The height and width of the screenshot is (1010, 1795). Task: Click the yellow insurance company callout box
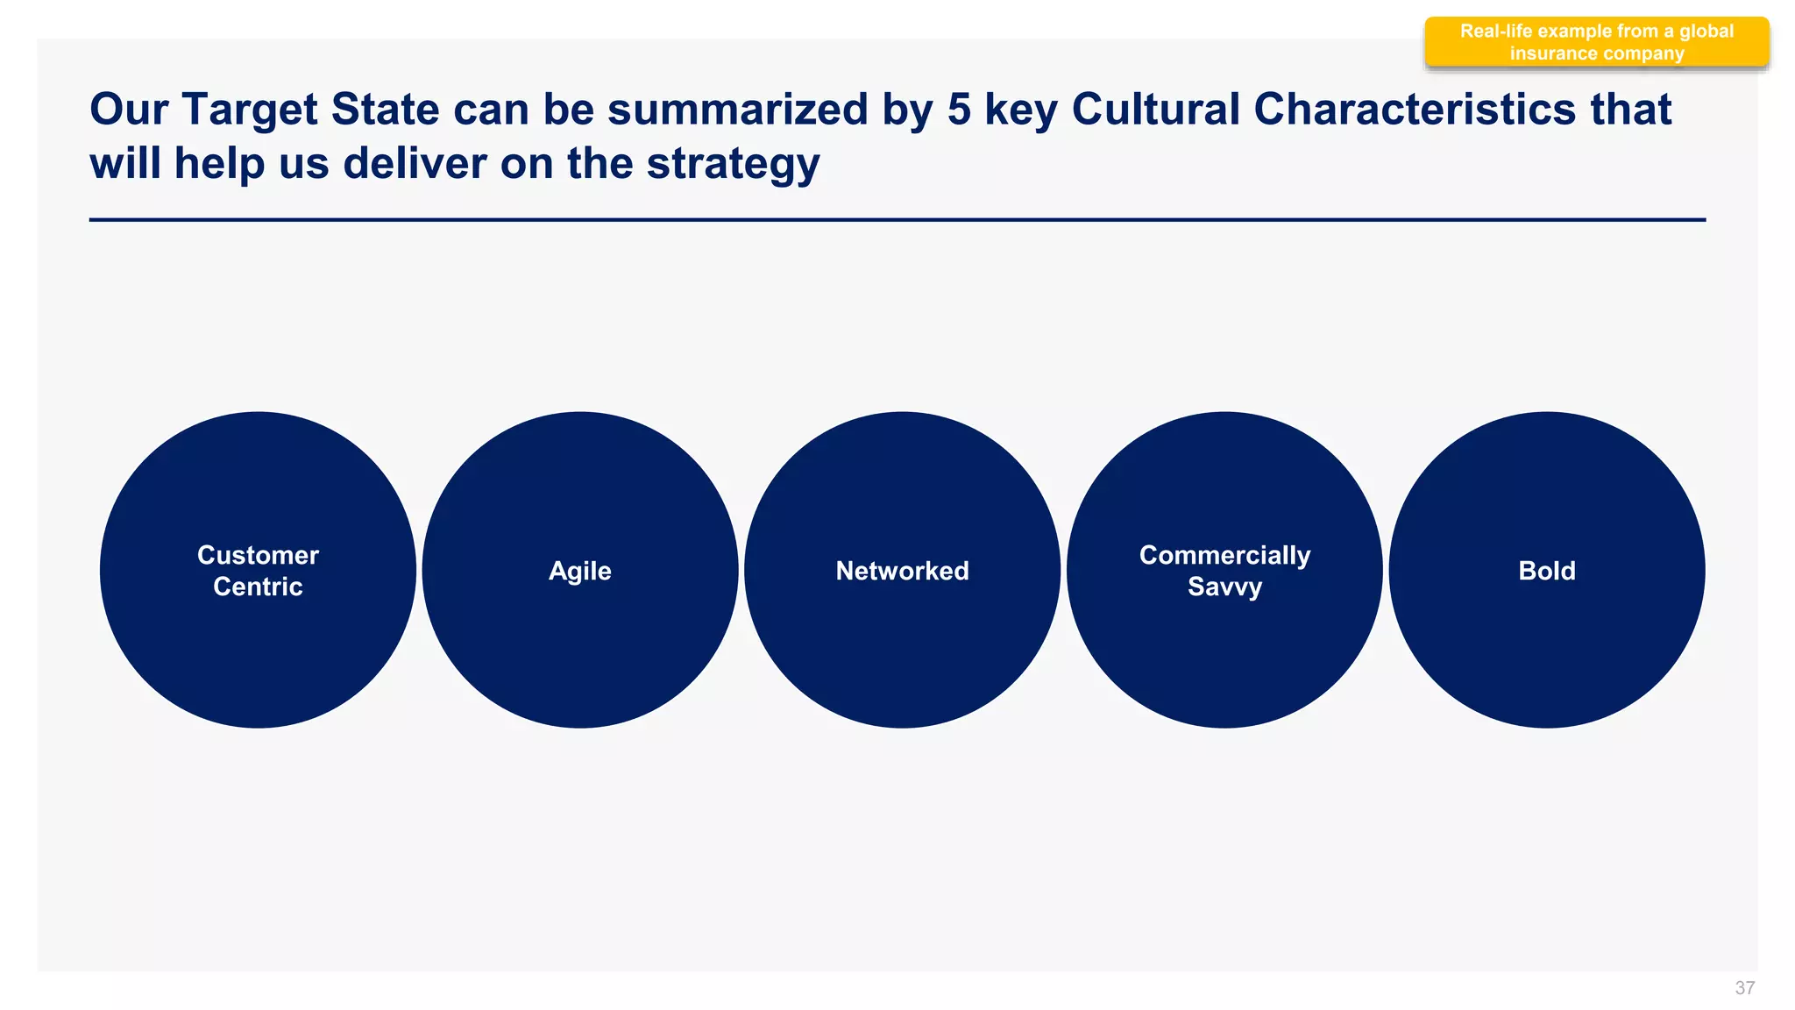pyautogui.click(x=1596, y=42)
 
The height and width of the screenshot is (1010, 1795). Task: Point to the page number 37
pyautogui.click(x=1744, y=988)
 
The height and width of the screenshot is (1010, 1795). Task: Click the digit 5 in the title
pyautogui.click(x=959, y=110)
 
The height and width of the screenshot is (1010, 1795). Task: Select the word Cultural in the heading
pyautogui.click(x=1156, y=110)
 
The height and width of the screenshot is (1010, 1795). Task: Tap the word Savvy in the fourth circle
pyautogui.click(x=1224, y=587)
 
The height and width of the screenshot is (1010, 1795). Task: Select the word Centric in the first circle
pyautogui.click(x=258, y=587)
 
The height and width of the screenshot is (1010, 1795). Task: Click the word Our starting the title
pyautogui.click(x=129, y=110)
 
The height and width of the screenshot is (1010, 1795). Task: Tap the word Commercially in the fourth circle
pyautogui.click(x=1224, y=555)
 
